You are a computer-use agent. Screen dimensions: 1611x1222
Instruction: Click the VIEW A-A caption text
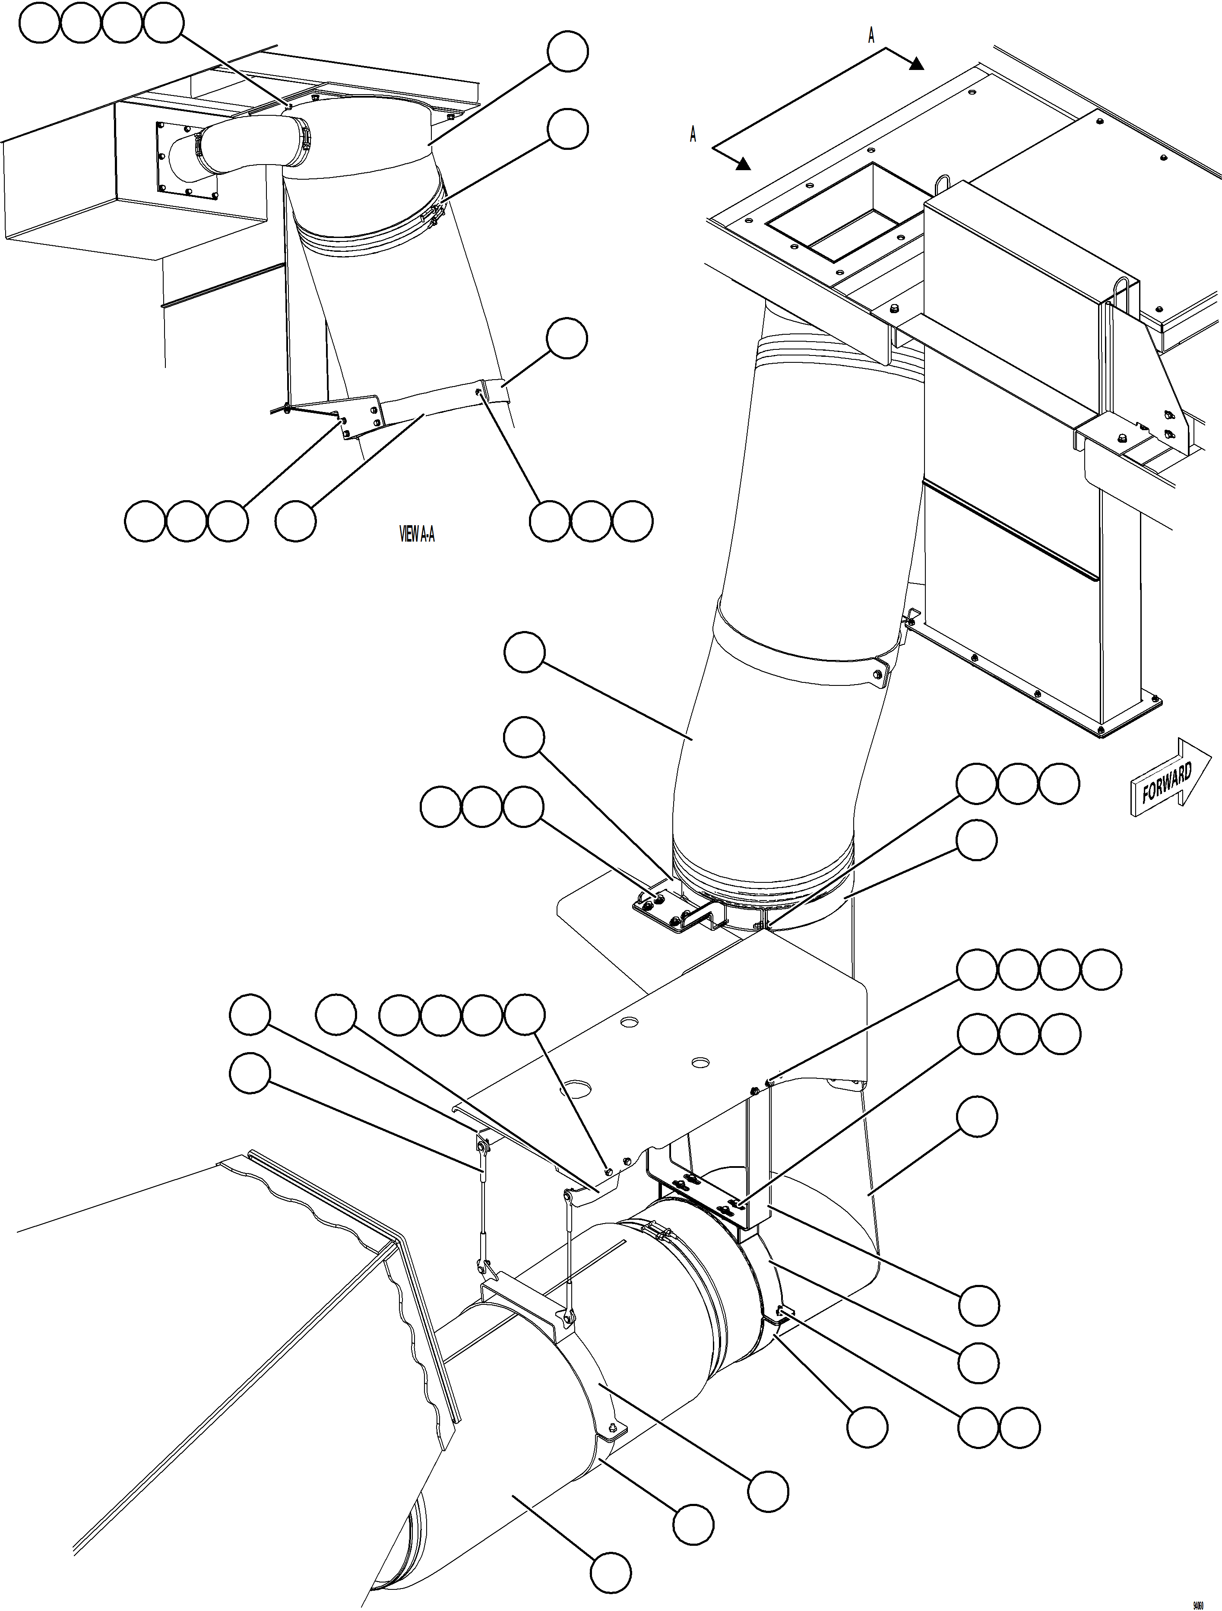tap(417, 535)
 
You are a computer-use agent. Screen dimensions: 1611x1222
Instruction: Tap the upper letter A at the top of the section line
tap(871, 36)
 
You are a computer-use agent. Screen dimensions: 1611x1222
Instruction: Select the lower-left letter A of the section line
tap(693, 135)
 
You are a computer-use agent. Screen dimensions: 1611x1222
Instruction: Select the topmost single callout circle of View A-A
tap(567, 52)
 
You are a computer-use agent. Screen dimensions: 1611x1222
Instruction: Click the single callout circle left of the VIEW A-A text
tap(296, 521)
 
